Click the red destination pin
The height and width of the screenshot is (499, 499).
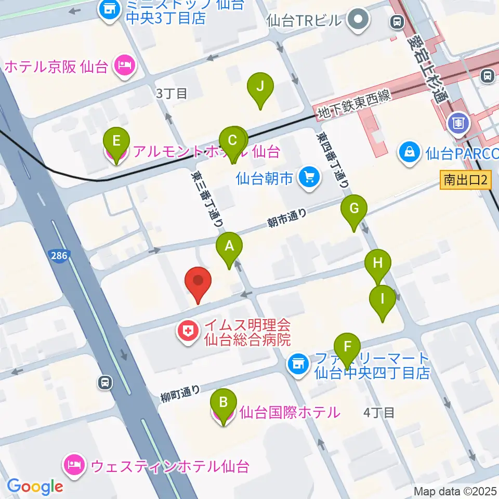[x=198, y=282]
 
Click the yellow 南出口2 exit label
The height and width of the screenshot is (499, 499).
[x=465, y=180]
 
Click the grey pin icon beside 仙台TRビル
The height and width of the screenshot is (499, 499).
[x=359, y=20]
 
